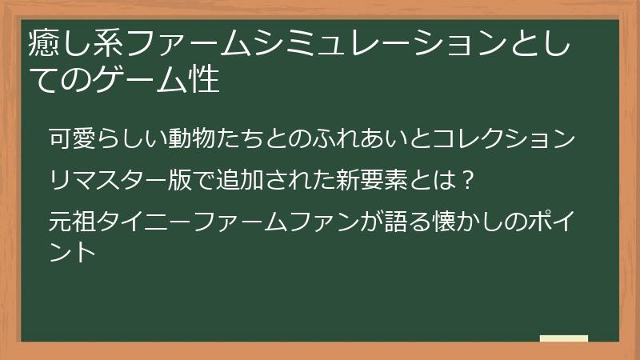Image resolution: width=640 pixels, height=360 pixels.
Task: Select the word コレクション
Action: click(x=503, y=138)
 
